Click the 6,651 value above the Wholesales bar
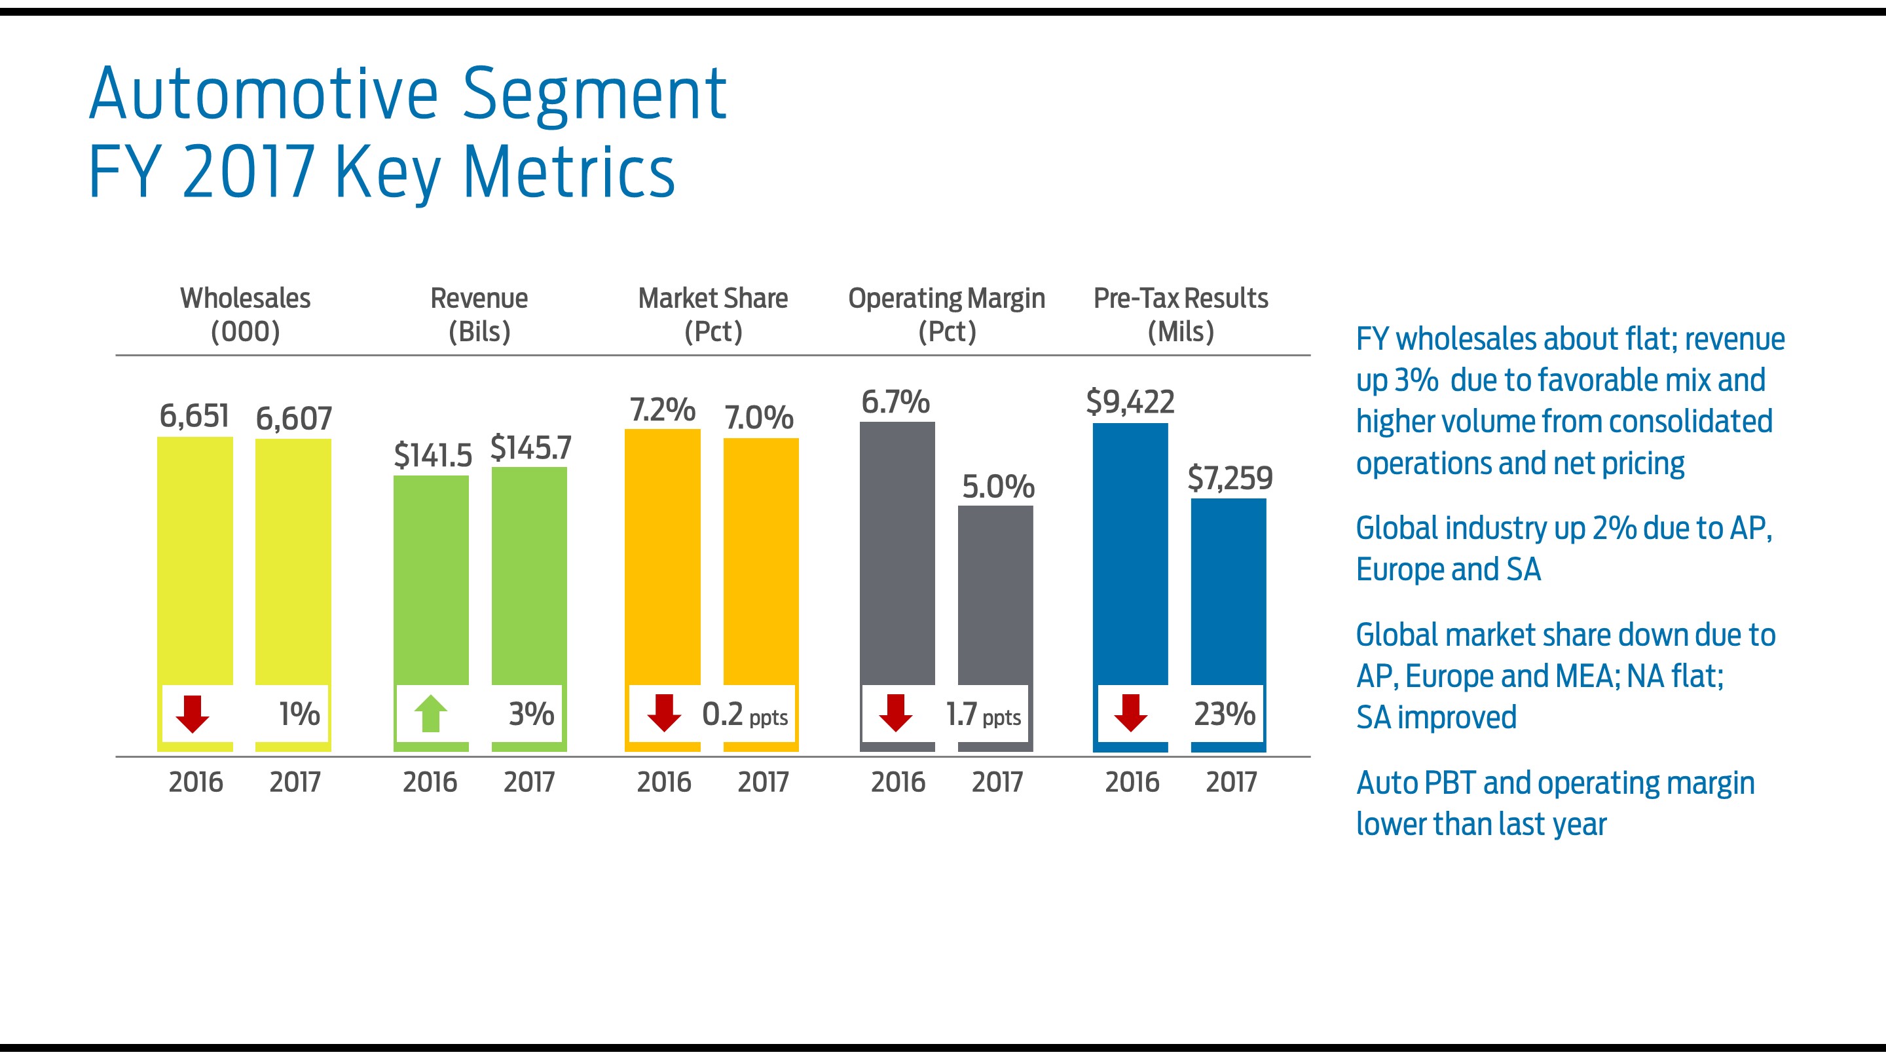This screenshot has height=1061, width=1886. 194,416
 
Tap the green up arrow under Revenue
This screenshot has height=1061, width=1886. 430,713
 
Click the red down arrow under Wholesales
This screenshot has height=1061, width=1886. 193,714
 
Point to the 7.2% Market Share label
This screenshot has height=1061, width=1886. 662,409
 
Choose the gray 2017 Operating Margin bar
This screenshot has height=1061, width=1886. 995,593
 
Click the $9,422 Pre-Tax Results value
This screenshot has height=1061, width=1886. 1130,402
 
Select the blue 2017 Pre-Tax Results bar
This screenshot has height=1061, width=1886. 1228,589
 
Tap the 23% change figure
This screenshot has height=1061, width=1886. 1224,714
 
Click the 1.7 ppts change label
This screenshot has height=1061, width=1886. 982,715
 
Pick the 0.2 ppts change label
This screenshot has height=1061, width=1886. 744,715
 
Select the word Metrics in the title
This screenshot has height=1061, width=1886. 569,172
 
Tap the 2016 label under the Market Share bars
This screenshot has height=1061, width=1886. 663,782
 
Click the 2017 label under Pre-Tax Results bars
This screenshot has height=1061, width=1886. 1230,782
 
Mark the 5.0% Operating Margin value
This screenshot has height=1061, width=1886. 997,486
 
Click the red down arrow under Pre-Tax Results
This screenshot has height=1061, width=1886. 1130,714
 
